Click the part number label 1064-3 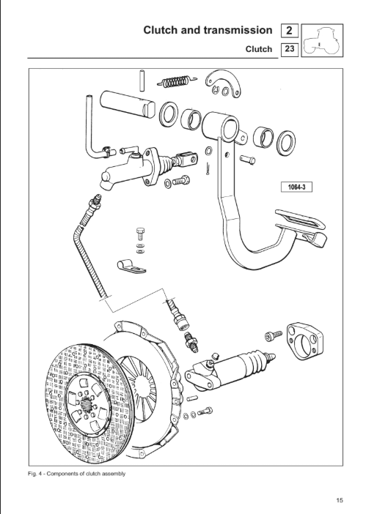296,187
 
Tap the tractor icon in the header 322,40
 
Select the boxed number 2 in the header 289,31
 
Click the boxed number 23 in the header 290,49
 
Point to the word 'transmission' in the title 238,30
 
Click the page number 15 340,500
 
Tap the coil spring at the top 177,81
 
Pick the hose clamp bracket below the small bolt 131,267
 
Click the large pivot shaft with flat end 128,103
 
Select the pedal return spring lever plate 223,84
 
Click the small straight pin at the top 142,80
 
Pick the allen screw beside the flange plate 274,335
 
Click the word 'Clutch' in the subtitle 259,49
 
